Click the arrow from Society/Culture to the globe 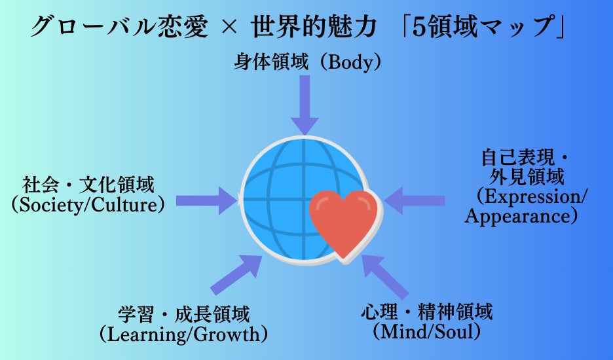click(x=207, y=200)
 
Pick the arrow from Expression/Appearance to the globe click(x=415, y=200)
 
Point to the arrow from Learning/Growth click(x=236, y=274)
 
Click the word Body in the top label click(x=350, y=63)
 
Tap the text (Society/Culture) click(x=88, y=205)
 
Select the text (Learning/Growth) click(x=184, y=334)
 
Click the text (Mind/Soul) click(x=426, y=331)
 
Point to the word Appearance click(x=517, y=216)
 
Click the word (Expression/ click(x=532, y=196)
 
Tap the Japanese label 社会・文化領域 click(x=88, y=185)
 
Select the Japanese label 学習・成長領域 click(x=184, y=315)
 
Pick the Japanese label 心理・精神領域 click(x=426, y=312)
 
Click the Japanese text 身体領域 click(x=271, y=62)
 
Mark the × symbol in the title click(x=229, y=28)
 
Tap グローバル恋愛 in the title click(x=119, y=27)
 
